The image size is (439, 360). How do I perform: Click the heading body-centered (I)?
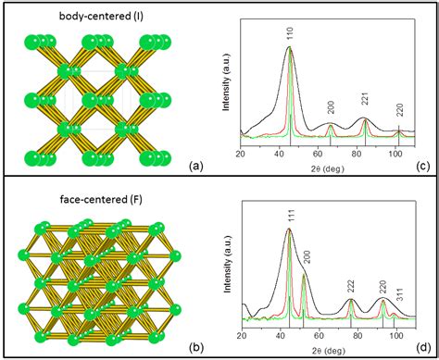click(101, 16)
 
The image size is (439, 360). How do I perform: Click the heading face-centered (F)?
click(101, 200)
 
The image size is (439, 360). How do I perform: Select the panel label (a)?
click(196, 167)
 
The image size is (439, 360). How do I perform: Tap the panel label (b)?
click(196, 348)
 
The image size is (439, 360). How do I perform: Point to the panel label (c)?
click(423, 167)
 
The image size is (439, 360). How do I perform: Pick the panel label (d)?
click(423, 348)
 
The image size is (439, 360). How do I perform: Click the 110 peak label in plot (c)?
click(290, 34)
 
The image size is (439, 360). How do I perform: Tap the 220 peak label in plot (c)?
click(400, 111)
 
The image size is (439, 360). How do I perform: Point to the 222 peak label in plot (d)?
click(351, 287)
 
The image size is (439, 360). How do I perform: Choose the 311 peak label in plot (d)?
click(400, 295)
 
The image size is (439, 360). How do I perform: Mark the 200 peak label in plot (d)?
click(308, 256)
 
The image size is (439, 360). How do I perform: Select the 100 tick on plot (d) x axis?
click(396, 336)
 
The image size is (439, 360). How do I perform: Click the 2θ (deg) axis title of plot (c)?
click(328, 168)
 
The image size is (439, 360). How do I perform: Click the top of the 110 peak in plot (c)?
click(289, 46)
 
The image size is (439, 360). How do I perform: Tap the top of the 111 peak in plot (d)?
click(289, 229)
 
